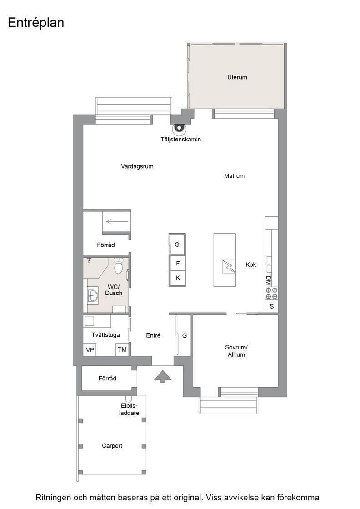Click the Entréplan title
point(36,23)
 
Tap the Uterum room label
point(237,77)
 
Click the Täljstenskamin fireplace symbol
point(178,129)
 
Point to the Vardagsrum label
point(137,166)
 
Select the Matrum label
point(234,176)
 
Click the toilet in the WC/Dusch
point(118,266)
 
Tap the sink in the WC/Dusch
point(93,295)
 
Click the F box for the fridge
point(178,263)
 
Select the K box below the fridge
point(178,278)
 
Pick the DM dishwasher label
point(268,279)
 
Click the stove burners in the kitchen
point(271,294)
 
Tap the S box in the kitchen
point(271,306)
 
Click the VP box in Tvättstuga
point(90,349)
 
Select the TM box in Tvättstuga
point(122,349)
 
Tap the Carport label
point(112,446)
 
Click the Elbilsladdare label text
point(129,409)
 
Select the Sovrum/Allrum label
point(236,351)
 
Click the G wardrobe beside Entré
point(184,336)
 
